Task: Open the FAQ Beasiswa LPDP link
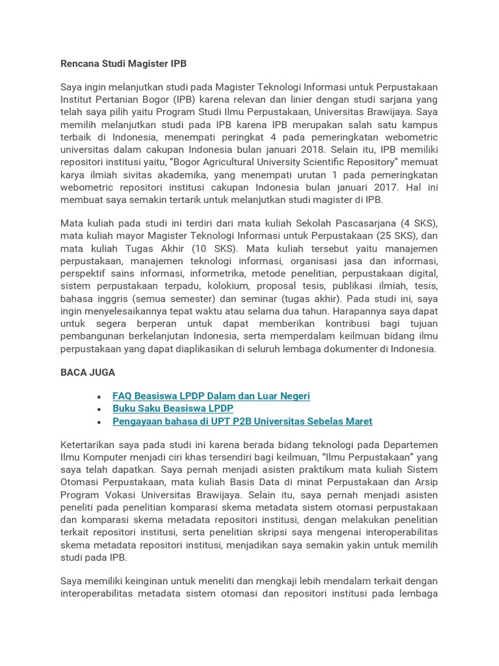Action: click(x=211, y=395)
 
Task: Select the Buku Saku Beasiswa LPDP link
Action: click(x=172, y=408)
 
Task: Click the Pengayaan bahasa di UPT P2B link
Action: click(x=242, y=421)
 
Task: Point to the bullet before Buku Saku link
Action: click(x=97, y=409)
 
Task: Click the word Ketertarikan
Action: click(x=91, y=446)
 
